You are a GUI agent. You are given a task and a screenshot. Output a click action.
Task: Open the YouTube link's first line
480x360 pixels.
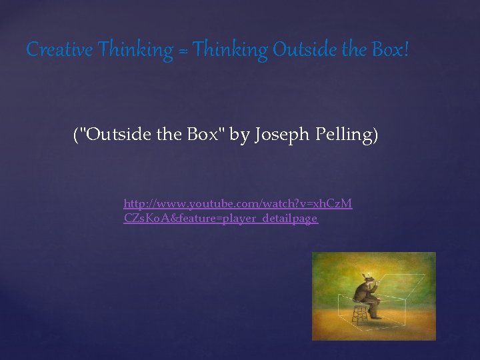(x=237, y=203)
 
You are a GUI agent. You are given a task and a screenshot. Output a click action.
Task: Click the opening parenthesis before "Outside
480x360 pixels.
(x=75, y=135)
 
